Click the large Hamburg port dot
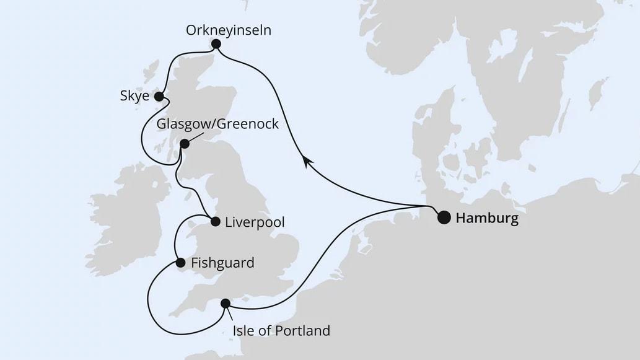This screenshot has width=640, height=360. click(x=444, y=217)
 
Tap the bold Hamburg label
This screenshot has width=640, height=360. click(x=486, y=218)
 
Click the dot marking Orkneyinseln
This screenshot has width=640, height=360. click(x=216, y=44)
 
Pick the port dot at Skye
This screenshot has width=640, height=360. click(x=159, y=97)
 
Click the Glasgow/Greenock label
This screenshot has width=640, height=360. click(x=217, y=124)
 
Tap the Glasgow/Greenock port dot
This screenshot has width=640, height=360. click(x=184, y=144)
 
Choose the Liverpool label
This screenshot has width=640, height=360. click(x=255, y=222)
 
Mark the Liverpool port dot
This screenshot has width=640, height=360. click(x=215, y=221)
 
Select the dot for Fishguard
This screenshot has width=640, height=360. click(x=180, y=263)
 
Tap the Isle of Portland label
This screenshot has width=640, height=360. click(x=281, y=331)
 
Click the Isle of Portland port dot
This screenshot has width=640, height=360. click(x=226, y=303)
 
